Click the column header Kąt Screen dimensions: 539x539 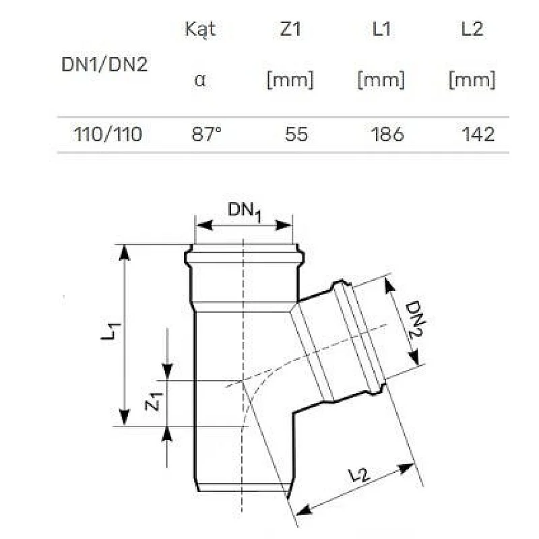(x=200, y=30)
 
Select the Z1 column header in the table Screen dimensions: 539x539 (x=290, y=30)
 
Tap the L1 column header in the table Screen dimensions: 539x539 (x=381, y=30)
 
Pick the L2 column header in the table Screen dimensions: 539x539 (x=472, y=30)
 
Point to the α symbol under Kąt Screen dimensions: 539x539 (x=200, y=81)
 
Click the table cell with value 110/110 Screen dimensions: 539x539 (x=108, y=134)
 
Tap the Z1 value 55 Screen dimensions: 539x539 (x=296, y=134)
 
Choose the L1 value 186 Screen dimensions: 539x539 (x=387, y=134)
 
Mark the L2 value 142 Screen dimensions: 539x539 (x=478, y=134)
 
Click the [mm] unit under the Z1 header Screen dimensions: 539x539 (x=290, y=81)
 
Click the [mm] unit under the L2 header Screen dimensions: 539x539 (x=472, y=81)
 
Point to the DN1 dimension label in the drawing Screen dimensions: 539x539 (x=244, y=211)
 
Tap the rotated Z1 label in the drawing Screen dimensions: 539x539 (x=154, y=402)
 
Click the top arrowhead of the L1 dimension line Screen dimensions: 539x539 (x=124, y=251)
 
